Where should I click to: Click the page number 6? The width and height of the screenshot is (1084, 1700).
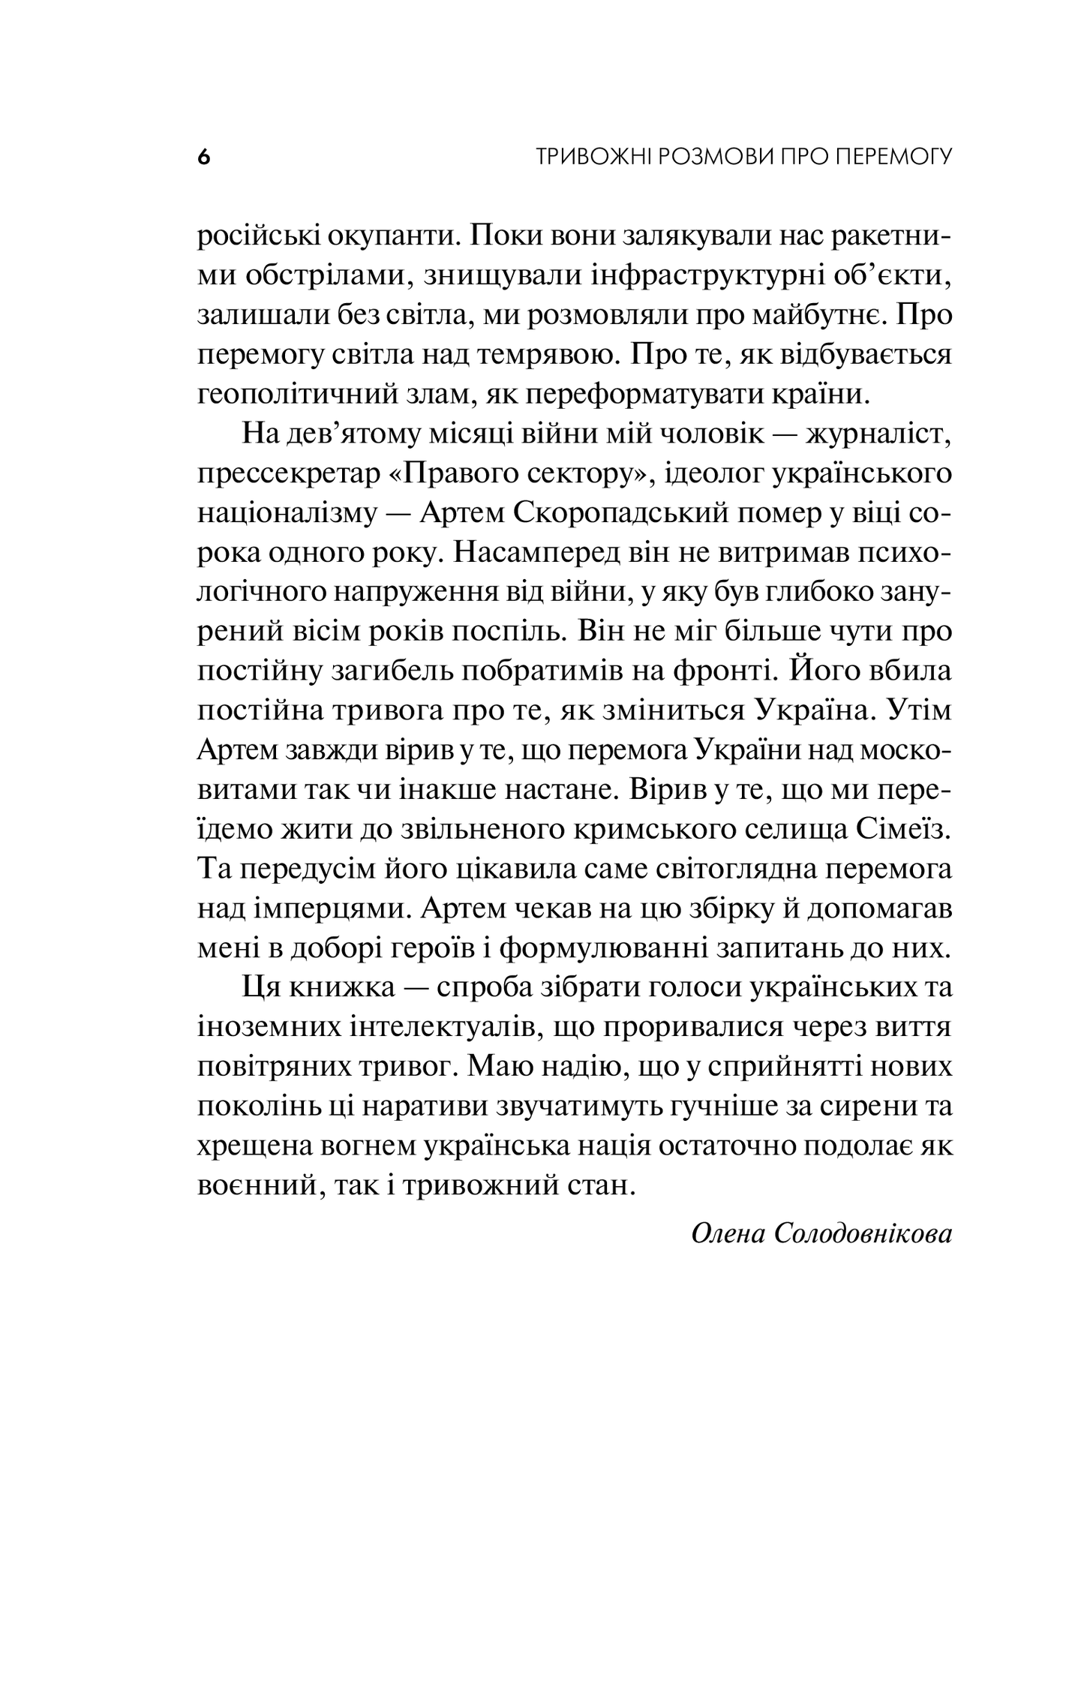click(x=203, y=158)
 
